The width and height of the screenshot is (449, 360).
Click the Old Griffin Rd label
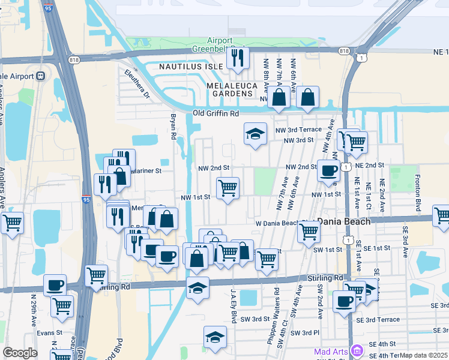216,113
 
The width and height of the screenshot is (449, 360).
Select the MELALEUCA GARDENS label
232,86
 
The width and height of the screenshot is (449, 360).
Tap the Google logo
20,353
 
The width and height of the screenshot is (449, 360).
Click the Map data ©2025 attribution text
424,355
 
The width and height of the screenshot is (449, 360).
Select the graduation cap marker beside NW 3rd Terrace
255,133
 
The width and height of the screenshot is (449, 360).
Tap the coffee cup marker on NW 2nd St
328,170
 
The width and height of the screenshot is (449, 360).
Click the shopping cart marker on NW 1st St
228,188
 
